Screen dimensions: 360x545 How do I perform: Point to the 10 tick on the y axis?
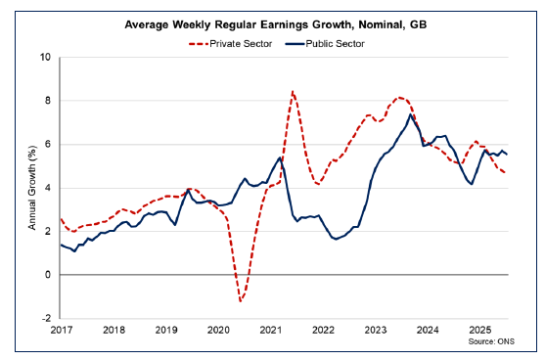[45, 57]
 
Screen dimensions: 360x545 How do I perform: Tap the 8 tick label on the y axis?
[48, 101]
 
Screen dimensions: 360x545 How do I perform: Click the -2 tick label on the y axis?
[46, 319]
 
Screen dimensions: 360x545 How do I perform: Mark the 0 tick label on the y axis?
[48, 275]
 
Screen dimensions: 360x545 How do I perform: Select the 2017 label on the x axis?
[61, 331]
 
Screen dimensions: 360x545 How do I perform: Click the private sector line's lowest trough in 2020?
[240, 300]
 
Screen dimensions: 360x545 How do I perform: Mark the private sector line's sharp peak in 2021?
[293, 91]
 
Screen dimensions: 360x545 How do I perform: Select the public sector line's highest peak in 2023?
[412, 114]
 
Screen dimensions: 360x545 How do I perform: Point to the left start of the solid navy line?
[61, 245]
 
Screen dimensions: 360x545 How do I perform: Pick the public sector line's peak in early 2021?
[281, 157]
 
